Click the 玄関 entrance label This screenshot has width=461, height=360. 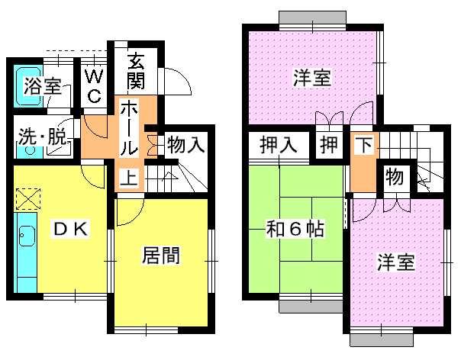pyautogui.click(x=136, y=71)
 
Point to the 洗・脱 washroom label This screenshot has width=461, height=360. pyautogui.click(x=42, y=137)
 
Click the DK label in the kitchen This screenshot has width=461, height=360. pyautogui.click(x=71, y=229)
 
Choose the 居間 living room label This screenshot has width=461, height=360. pyautogui.click(x=160, y=255)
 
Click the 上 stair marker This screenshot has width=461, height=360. pyautogui.click(x=129, y=178)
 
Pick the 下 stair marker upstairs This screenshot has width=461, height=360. pyautogui.click(x=364, y=144)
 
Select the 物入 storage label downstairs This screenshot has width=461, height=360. pyautogui.click(x=185, y=144)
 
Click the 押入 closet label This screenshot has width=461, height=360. pyautogui.click(x=278, y=144)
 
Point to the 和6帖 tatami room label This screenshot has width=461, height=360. pyautogui.click(x=295, y=229)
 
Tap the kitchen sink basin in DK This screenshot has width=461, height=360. pyautogui.click(x=27, y=236)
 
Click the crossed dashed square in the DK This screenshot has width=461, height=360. pyautogui.click(x=28, y=199)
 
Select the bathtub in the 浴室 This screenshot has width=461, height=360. pyautogui.click(x=28, y=86)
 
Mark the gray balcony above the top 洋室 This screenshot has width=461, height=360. pyautogui.click(x=312, y=18)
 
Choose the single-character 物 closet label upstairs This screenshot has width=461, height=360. pyautogui.click(x=395, y=177)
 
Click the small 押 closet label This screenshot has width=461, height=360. pyautogui.click(x=329, y=144)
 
